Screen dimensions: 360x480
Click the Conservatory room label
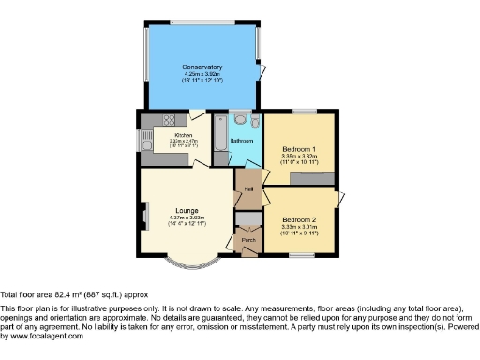click(x=202, y=67)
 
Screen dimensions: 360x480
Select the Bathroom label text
click(x=241, y=142)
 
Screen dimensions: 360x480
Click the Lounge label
click(x=187, y=210)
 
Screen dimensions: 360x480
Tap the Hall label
click(x=249, y=189)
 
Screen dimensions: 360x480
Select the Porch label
click(x=248, y=240)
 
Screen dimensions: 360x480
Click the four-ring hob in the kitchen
click(x=169, y=120)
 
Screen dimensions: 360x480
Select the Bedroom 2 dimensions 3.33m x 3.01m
click(x=299, y=227)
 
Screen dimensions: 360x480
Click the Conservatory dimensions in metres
click(x=202, y=73)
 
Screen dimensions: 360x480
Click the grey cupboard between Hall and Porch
click(x=248, y=219)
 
